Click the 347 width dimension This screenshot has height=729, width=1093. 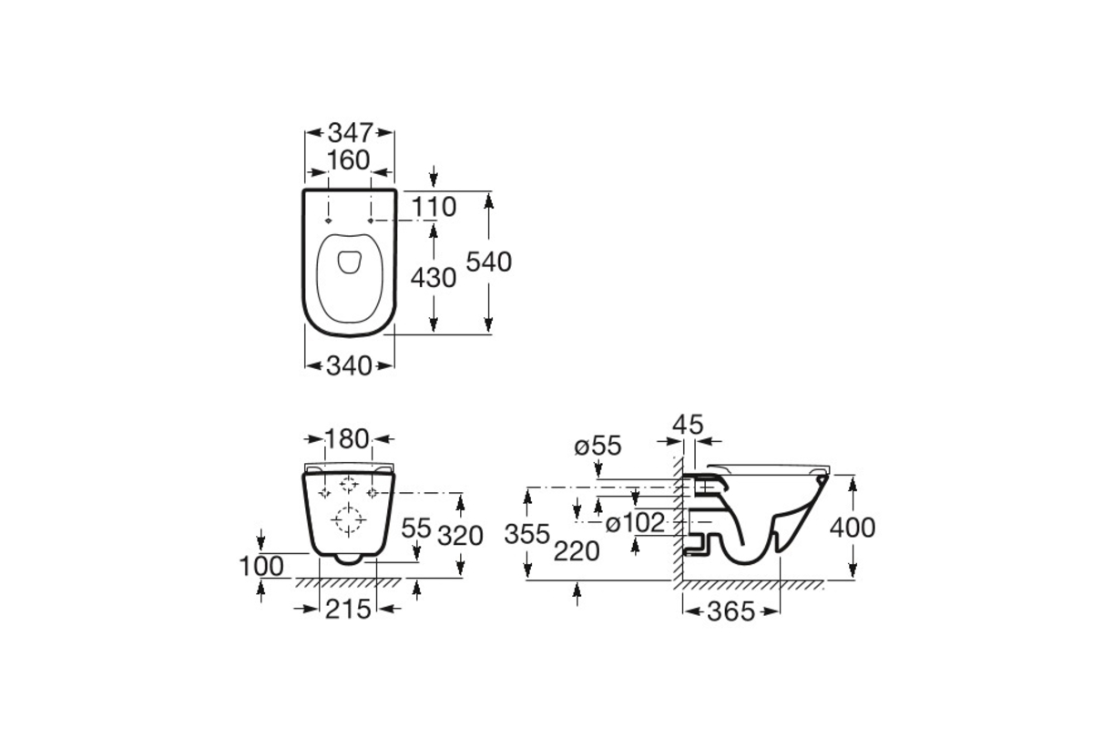coord(351,132)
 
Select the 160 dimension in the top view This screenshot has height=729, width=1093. coord(348,160)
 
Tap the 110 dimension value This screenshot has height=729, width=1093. coord(434,207)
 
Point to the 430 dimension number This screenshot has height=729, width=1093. coord(434,278)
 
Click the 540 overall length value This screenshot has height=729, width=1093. coord(488,262)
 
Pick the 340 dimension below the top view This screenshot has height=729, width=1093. coord(350,365)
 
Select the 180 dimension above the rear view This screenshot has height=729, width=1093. coord(347,439)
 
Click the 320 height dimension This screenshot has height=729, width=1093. coord(460,536)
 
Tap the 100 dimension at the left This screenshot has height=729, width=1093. coord(261,567)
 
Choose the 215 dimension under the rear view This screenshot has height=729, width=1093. coord(348,610)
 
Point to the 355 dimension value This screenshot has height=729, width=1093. coord(527,534)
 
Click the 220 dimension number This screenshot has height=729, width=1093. coord(577,551)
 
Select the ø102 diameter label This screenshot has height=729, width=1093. coord(635,523)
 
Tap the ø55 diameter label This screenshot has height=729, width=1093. coord(598,447)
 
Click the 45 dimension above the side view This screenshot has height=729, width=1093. coord(688,425)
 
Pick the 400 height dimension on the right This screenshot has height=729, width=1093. coord(853,528)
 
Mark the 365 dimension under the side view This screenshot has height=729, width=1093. coord(730,611)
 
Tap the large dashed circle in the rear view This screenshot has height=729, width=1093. coord(348,519)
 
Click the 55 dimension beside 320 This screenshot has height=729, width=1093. coord(416,528)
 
